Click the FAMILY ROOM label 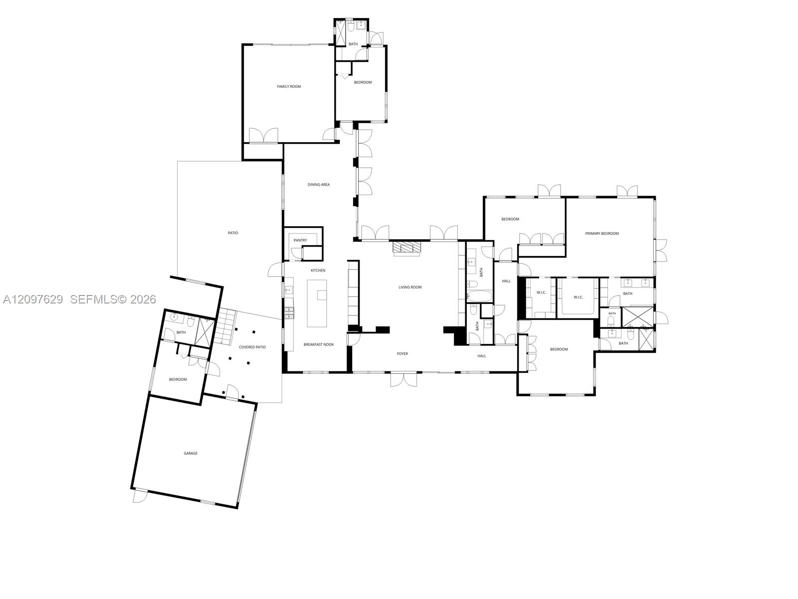289,86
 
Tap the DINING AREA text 319,184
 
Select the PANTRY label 300,241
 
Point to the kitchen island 317,303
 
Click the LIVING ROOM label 410,288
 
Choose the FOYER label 402,353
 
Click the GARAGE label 191,453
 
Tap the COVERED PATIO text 252,347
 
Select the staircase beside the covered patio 224,326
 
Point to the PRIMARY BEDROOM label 601,234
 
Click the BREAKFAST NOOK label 319,344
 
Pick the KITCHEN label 318,270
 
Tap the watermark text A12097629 33,299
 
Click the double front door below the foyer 403,379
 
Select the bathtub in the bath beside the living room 479,296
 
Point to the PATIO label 233,233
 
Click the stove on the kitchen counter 289,313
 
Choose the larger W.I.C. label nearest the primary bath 578,298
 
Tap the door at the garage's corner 140,496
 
